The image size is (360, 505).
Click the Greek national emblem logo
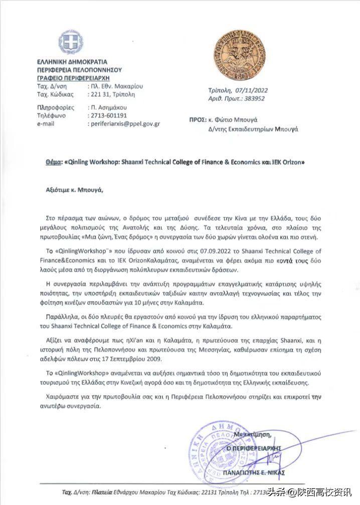pos(70,42)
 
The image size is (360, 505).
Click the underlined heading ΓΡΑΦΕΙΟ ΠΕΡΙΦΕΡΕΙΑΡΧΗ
pos(73,78)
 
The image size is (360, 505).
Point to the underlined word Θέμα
pos(53,163)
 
